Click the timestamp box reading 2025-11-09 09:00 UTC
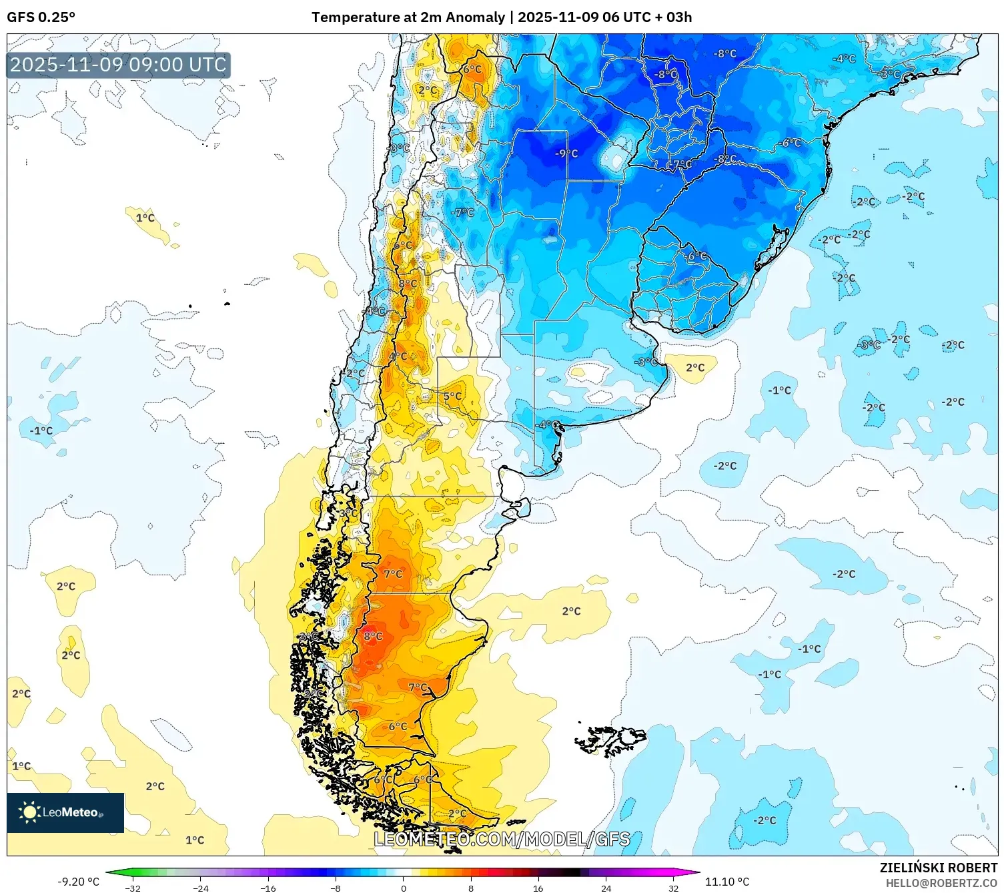[x=118, y=65]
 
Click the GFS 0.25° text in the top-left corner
[x=41, y=17]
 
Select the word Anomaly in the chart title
[x=475, y=17]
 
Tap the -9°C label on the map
[x=566, y=154]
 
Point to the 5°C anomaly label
[x=452, y=396]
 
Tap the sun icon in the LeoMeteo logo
[x=29, y=812]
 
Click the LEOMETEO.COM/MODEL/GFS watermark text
[x=502, y=839]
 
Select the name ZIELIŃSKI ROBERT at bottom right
[x=938, y=868]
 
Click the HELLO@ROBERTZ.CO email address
[x=941, y=883]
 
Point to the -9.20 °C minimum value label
[x=78, y=882]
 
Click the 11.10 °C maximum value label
[x=727, y=882]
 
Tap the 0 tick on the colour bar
[x=403, y=888]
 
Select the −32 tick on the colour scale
[x=133, y=888]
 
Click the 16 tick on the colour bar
[x=538, y=888]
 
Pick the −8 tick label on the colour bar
[x=336, y=888]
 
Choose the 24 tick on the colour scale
[x=606, y=888]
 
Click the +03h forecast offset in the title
[x=678, y=17]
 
